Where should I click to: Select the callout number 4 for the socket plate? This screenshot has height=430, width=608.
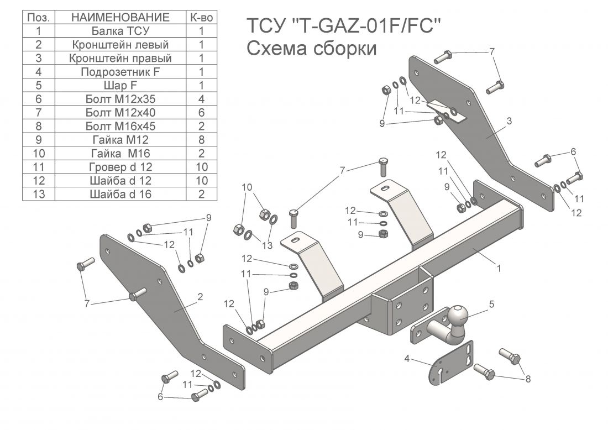407,358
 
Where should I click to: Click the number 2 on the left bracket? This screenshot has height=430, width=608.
200,297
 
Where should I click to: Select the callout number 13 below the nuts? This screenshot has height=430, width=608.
268,245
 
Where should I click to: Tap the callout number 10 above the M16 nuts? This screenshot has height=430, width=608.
246,187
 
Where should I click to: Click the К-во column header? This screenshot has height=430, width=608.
201,18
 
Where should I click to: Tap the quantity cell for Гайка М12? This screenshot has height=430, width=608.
201,140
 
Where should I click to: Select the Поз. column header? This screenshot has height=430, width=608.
38,18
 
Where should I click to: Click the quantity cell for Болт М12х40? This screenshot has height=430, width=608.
201,112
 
